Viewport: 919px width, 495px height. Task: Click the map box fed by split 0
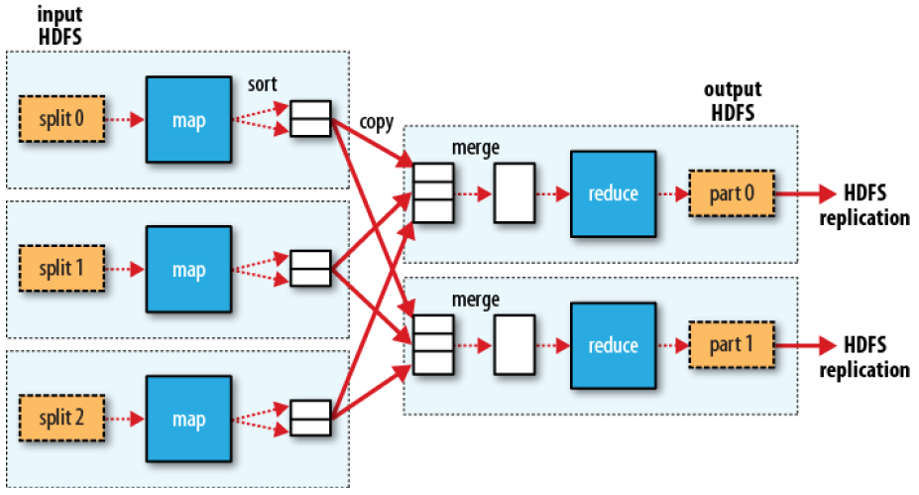[x=187, y=120]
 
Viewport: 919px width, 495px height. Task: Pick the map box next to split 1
[x=187, y=269]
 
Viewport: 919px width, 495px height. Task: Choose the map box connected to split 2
[x=187, y=418]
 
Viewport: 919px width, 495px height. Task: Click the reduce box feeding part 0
[x=613, y=193]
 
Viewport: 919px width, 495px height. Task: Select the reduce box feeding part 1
[x=613, y=344]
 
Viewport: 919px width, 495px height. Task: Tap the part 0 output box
[x=732, y=193]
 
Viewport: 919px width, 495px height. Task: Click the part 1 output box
[x=732, y=344]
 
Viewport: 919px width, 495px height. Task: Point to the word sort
[x=263, y=85]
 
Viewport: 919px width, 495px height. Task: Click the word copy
[x=377, y=123]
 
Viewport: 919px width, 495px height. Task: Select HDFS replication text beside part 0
[x=862, y=205]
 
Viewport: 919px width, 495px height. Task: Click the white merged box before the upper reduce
[x=514, y=193]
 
